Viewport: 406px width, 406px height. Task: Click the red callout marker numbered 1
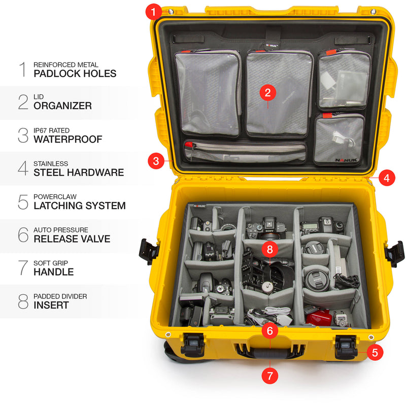tap(154, 11)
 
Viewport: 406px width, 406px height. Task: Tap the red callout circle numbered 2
tap(267, 92)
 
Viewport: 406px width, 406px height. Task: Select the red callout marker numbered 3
tap(156, 162)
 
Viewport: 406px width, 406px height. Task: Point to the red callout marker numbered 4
tap(387, 178)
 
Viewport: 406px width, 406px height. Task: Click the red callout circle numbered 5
tap(375, 352)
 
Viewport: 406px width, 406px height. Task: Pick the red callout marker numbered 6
tap(269, 331)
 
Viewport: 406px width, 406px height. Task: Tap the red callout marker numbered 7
tap(269, 376)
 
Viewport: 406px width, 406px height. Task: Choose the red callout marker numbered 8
tap(270, 249)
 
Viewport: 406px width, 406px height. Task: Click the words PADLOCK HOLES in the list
tap(75, 74)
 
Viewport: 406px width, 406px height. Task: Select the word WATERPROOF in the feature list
tap(67, 139)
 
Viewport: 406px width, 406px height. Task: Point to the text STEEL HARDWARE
tap(78, 173)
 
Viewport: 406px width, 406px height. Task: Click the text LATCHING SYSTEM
tap(79, 206)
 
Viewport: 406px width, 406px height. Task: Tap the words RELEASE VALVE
tap(72, 239)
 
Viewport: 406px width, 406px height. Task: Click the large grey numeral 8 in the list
tap(23, 301)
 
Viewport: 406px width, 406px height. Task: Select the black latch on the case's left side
tap(150, 251)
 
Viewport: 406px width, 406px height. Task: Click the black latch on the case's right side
tap(394, 252)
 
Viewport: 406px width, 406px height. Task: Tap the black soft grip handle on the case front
tap(269, 354)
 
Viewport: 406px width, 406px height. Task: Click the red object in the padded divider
tap(319, 319)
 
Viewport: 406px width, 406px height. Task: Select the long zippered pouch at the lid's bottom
tap(245, 151)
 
